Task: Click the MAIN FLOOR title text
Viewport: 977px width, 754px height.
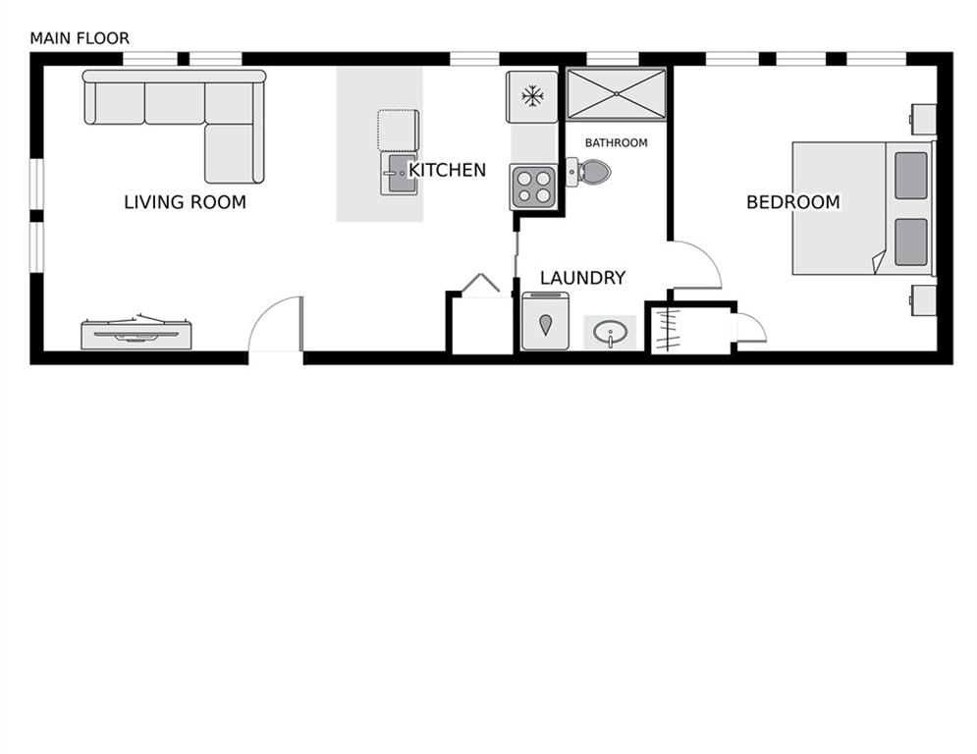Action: click(80, 38)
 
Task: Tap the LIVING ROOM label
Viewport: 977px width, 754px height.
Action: click(185, 202)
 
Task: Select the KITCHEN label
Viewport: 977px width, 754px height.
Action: click(448, 170)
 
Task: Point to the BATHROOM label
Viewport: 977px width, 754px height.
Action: click(617, 142)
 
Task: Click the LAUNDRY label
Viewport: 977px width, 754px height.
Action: click(582, 278)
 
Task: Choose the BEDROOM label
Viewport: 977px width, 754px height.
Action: click(793, 202)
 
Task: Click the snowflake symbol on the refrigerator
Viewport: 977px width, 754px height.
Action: click(532, 96)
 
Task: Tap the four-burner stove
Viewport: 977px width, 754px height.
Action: click(533, 187)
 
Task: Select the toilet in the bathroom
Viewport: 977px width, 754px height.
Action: click(588, 172)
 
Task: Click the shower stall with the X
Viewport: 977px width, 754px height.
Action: click(617, 93)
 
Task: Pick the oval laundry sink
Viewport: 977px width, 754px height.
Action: click(610, 333)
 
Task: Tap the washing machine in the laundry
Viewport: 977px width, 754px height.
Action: click(545, 321)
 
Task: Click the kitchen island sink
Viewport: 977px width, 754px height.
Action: click(399, 174)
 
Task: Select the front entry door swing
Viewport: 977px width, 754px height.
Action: click(275, 325)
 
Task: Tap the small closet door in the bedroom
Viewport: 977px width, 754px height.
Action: click(752, 328)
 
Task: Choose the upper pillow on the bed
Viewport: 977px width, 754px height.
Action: click(911, 176)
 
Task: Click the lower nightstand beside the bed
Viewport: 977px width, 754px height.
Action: click(923, 300)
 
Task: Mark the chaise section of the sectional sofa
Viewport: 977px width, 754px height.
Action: click(230, 154)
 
